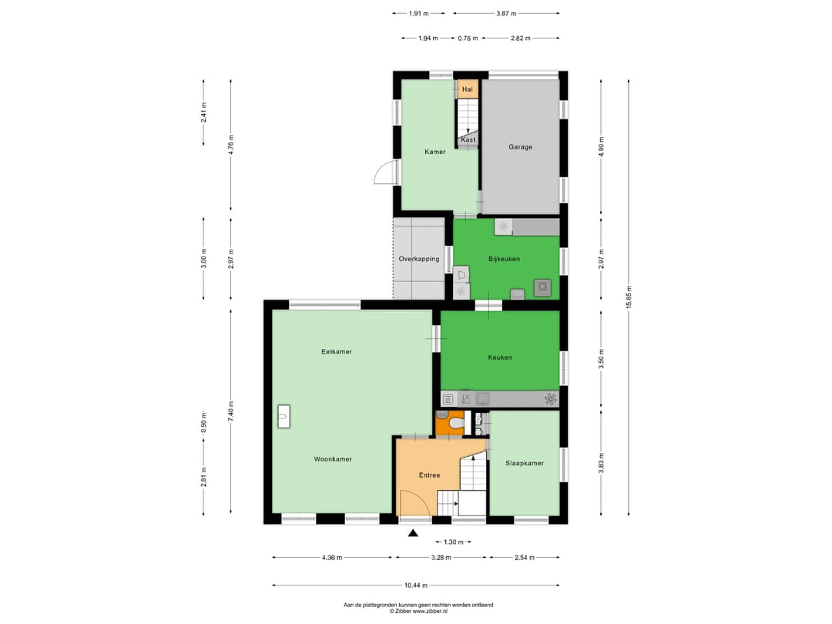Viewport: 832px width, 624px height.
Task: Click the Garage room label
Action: click(520, 147)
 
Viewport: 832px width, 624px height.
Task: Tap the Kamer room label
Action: click(435, 152)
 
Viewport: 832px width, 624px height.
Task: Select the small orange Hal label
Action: click(467, 90)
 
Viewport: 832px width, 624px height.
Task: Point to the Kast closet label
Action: click(468, 139)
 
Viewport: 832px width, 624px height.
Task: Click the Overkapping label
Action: click(418, 259)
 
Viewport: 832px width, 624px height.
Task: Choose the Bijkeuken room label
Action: click(504, 259)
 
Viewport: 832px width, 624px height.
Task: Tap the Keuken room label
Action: click(499, 357)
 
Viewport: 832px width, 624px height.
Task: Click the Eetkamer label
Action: click(337, 352)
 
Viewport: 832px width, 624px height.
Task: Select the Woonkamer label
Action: click(333, 459)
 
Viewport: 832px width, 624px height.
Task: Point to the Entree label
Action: click(429, 475)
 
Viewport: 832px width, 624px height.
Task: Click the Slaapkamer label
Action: click(525, 464)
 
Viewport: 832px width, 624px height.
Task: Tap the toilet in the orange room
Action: click(455, 423)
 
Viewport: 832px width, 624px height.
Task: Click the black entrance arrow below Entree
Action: click(413, 532)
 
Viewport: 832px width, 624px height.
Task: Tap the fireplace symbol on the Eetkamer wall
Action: click(283, 416)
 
